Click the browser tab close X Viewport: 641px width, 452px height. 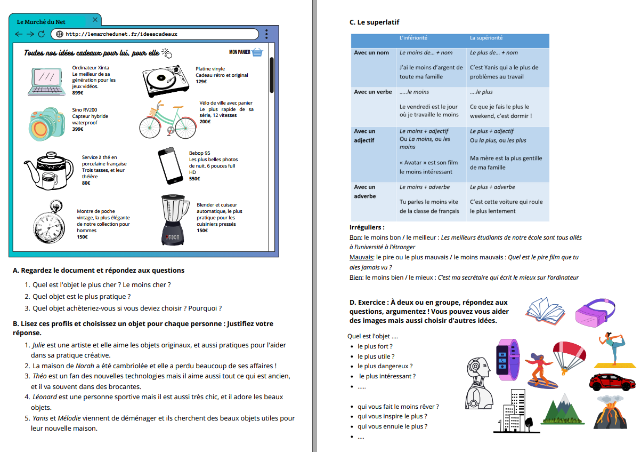pos(95,20)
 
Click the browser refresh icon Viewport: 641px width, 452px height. pos(41,34)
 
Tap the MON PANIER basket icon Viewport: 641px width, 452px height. pos(257,52)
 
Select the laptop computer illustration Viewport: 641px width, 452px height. pos(47,81)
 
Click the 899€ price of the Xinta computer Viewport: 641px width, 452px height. pos(78,93)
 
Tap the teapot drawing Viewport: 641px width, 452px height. pos(48,169)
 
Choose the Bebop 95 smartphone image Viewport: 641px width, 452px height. pos(171,165)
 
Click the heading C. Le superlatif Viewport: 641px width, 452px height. pos(374,22)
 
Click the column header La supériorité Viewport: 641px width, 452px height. pos(486,38)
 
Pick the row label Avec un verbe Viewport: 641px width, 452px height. pos(373,92)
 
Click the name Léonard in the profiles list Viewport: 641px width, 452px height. pos(45,397)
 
